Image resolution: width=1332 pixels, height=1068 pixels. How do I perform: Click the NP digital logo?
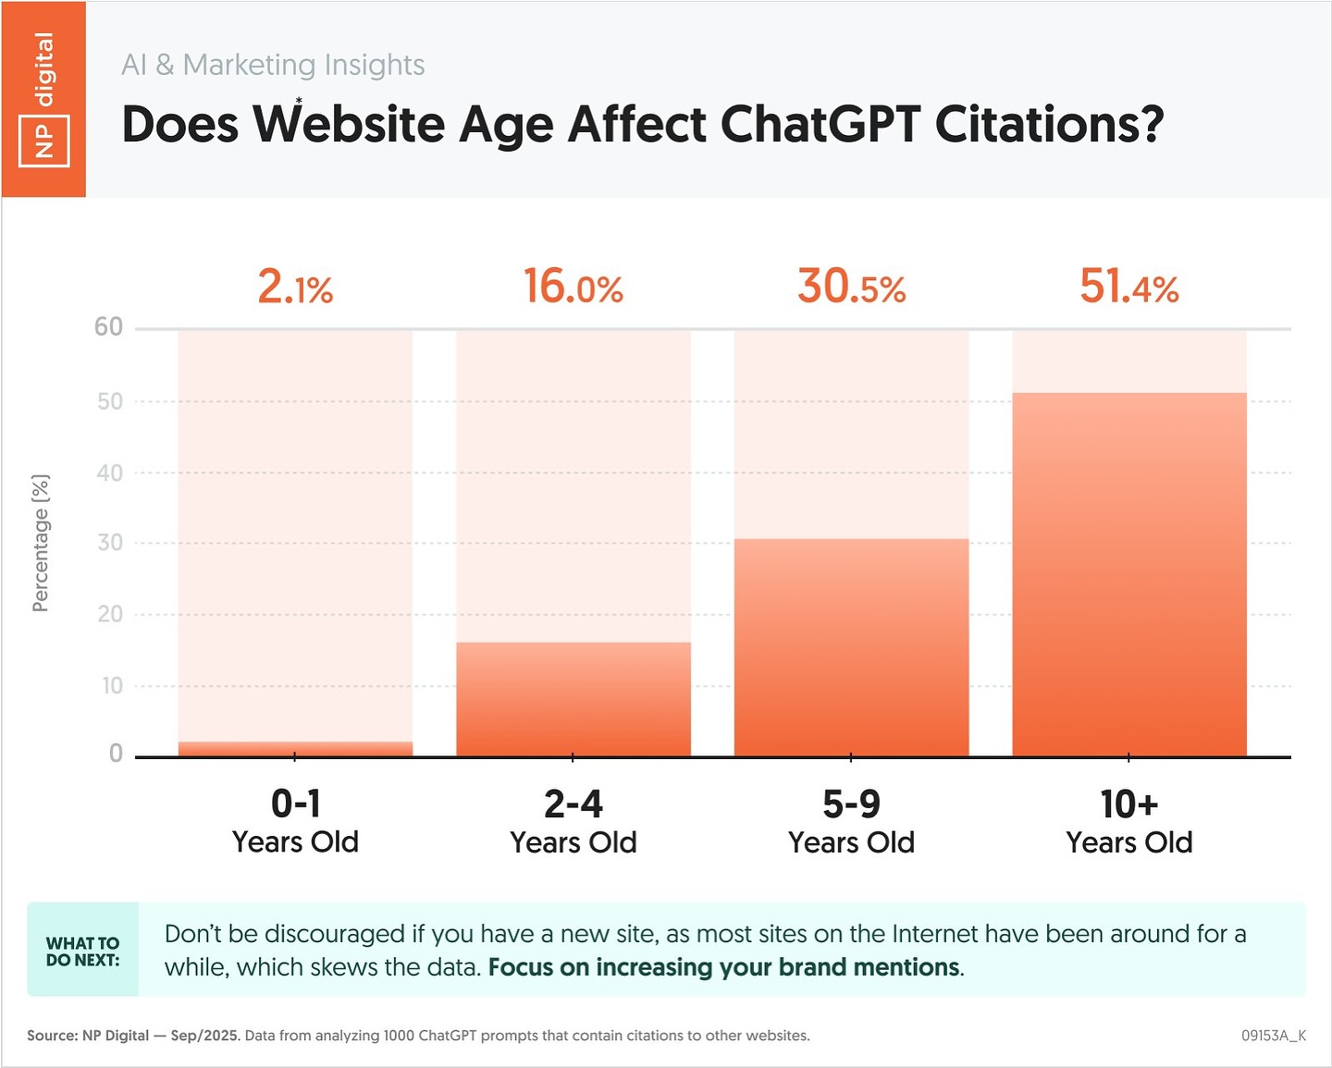point(43,100)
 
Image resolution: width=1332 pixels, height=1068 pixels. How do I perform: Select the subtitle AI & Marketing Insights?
point(273,65)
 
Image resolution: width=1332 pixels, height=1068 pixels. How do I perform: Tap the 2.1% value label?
point(295,287)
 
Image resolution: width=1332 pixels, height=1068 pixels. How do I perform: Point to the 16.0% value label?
point(573,287)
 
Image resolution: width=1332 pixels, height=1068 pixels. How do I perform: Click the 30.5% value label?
point(851,287)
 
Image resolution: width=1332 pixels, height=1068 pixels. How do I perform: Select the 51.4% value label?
point(1129,287)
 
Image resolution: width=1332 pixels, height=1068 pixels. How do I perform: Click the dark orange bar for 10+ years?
point(1129,573)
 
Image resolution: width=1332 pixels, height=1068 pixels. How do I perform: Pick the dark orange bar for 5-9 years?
point(851,647)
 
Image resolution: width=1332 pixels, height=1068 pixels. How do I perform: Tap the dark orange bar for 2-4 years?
point(573,699)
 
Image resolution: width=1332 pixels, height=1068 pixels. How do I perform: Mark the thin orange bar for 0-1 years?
point(295,749)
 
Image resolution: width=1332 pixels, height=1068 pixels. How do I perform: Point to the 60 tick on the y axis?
point(108,327)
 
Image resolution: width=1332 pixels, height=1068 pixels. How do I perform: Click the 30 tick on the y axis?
point(110,543)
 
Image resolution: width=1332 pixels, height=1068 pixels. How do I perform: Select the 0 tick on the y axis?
point(116,754)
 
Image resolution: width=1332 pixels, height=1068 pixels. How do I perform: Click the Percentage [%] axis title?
point(41,543)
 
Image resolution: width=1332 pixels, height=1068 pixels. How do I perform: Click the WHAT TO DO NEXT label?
point(82,951)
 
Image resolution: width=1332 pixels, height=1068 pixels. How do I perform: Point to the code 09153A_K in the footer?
point(1274,1036)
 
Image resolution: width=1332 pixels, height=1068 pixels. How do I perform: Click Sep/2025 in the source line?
point(204,1036)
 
